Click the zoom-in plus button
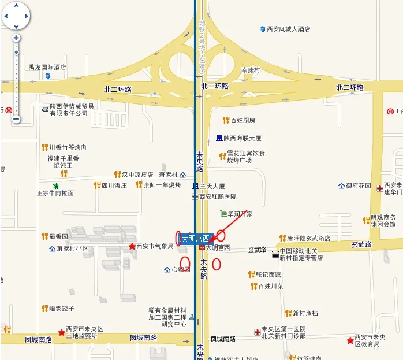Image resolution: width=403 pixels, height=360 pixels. click(x=16, y=38)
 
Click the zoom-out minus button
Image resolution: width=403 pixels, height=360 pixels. click(x=16, y=120)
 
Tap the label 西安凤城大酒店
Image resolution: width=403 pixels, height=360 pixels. click(x=289, y=29)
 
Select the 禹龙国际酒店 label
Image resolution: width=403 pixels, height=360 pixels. click(x=47, y=67)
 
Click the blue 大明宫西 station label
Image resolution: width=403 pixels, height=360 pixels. click(x=196, y=238)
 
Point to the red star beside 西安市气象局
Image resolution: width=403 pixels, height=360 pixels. click(x=132, y=247)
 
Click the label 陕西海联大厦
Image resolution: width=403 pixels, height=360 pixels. click(x=243, y=139)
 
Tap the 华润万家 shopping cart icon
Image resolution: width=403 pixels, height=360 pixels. click(x=223, y=214)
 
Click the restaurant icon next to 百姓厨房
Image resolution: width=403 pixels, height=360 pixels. click(x=226, y=120)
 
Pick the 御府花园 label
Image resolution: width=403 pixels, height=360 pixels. click(x=359, y=186)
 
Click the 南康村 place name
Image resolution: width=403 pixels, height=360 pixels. click(x=251, y=70)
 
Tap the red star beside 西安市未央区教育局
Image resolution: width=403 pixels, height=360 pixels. click(x=350, y=340)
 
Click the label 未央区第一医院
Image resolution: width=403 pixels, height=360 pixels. click(x=283, y=329)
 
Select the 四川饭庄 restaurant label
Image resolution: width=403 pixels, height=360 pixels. click(x=114, y=185)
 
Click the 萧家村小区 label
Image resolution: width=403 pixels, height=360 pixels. click(x=72, y=249)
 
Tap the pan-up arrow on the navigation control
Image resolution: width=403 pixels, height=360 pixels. click(x=16, y=6)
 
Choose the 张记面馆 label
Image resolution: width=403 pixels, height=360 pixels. click(x=268, y=274)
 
